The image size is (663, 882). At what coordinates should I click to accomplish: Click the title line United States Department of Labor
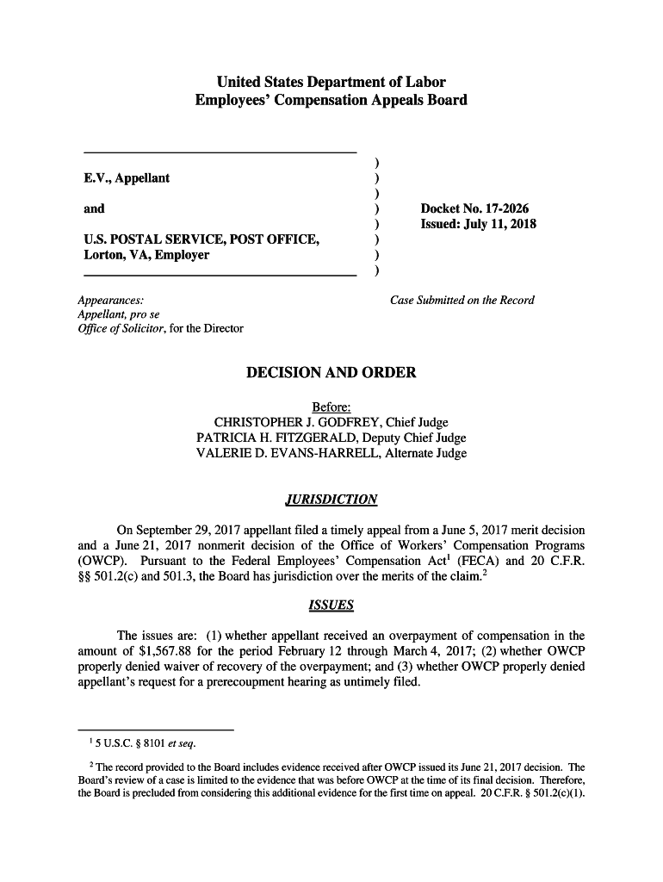331,83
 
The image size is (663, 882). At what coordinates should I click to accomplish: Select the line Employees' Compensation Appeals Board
331,100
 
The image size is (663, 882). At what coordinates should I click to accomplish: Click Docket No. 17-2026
474,209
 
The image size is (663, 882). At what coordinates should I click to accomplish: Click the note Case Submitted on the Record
462,301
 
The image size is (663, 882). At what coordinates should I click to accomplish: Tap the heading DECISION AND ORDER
331,373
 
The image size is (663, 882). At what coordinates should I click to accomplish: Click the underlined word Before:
331,407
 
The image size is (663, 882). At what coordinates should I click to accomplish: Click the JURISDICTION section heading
331,500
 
